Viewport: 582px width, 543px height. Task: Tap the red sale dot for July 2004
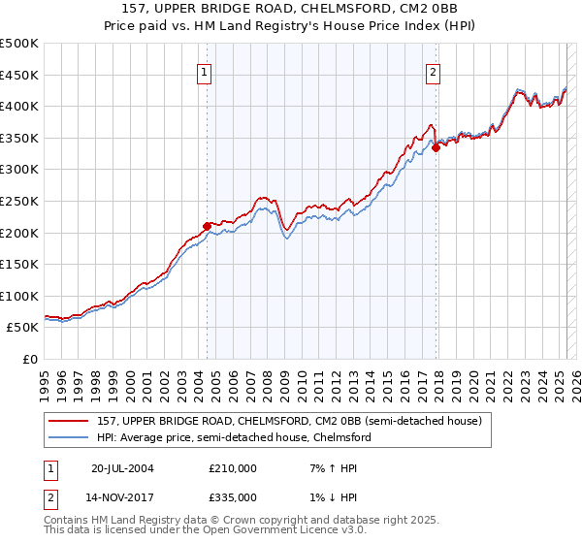click(x=207, y=226)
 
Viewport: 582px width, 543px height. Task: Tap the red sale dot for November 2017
click(x=436, y=147)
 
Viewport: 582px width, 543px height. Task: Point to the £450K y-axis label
click(x=20, y=75)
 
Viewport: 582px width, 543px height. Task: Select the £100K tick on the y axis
click(x=20, y=296)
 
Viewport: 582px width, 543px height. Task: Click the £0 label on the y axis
click(x=29, y=359)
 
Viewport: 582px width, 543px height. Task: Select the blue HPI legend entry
click(x=233, y=437)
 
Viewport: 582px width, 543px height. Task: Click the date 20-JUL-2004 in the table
click(x=122, y=467)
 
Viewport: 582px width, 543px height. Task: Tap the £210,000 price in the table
click(x=232, y=467)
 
